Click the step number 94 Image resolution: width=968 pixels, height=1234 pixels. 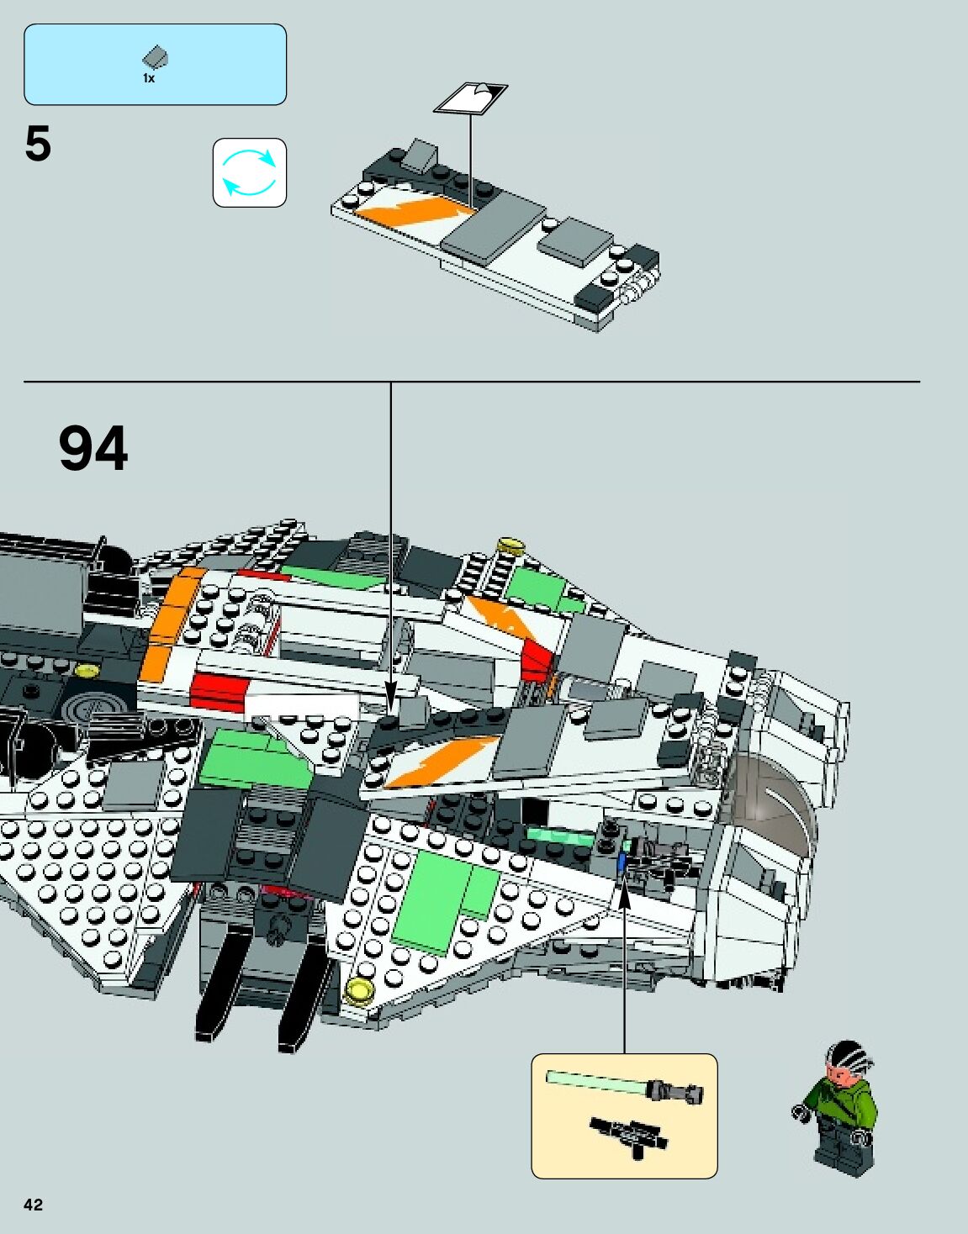click(93, 449)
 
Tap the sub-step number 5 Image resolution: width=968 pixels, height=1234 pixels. click(38, 144)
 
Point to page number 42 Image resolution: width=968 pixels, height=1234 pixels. click(33, 1205)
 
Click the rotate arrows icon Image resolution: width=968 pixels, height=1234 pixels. click(249, 172)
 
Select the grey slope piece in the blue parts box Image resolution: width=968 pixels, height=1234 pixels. click(156, 58)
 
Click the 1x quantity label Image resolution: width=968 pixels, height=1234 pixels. click(149, 78)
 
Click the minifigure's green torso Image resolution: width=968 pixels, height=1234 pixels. click(842, 1105)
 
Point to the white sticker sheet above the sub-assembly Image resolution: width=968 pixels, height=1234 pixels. click(470, 98)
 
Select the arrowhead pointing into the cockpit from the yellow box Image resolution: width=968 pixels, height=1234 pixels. click(624, 894)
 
